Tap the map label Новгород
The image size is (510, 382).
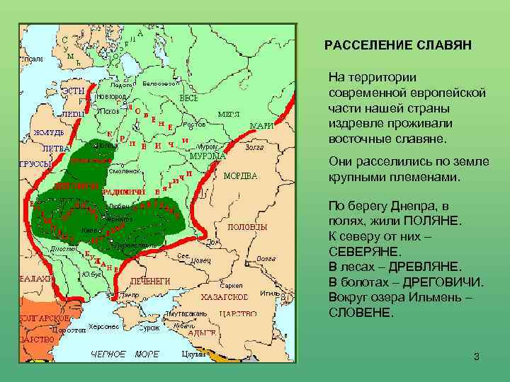point(112,95)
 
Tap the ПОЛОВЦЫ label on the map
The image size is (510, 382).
point(247,227)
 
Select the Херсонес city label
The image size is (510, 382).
point(104,328)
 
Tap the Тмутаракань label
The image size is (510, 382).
point(186,313)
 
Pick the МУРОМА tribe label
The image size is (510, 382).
point(208,156)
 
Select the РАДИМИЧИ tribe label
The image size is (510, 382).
point(125,192)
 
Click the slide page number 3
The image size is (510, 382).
point(477,357)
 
